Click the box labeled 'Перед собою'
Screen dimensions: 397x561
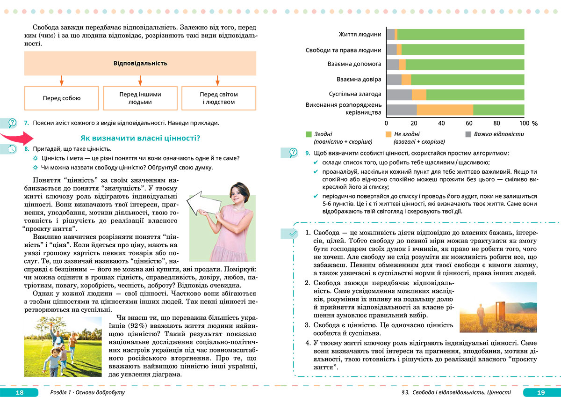61,98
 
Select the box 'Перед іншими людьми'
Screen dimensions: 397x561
140,98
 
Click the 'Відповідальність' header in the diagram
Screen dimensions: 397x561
140,63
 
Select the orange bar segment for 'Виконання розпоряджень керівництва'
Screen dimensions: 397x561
445,110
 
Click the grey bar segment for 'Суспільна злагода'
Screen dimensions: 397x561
399,95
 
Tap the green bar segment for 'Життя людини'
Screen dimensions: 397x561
460,35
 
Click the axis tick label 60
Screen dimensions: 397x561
469,123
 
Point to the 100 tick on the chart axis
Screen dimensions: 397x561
524,123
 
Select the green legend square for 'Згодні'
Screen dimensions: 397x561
309,134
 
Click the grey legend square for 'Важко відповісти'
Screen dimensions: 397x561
468,134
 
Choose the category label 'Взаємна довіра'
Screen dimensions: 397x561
359,80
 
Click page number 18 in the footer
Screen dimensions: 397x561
19,392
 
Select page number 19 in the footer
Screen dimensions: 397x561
541,392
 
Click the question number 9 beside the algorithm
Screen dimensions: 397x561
307,153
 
